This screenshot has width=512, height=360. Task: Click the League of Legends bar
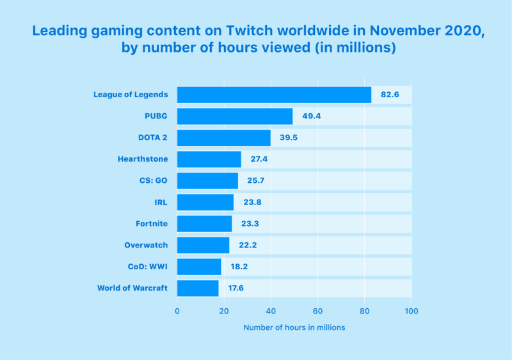click(274, 95)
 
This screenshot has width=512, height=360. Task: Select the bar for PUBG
click(235, 116)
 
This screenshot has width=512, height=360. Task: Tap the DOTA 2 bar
click(224, 138)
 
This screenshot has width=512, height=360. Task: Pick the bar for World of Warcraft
click(198, 288)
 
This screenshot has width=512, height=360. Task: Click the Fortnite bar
click(205, 224)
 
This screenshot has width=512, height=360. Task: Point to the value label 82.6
click(390, 95)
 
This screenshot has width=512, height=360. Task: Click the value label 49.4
click(311, 116)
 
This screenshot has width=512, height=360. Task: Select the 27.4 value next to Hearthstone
click(259, 159)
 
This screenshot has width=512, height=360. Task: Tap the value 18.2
click(239, 267)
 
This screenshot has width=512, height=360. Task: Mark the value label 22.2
click(247, 245)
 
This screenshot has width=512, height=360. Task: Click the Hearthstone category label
click(143, 159)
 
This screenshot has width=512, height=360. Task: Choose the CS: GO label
click(153, 181)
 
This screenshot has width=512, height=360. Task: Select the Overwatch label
click(146, 245)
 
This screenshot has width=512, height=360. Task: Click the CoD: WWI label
click(148, 267)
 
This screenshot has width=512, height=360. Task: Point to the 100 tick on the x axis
click(412, 311)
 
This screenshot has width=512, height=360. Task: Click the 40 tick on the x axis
click(271, 311)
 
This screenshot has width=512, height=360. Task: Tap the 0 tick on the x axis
click(177, 311)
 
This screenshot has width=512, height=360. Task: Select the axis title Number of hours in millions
click(294, 327)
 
